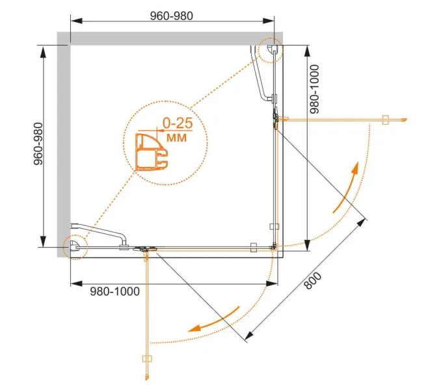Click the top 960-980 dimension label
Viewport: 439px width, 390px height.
click(x=171, y=16)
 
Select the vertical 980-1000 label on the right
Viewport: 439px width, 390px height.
click(x=315, y=89)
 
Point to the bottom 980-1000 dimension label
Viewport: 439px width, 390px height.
click(x=114, y=291)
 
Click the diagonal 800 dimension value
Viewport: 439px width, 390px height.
click(x=313, y=281)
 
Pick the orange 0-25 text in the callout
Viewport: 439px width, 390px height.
click(x=178, y=123)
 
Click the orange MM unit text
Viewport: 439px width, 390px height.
click(x=176, y=137)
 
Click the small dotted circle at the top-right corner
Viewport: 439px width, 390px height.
click(x=271, y=51)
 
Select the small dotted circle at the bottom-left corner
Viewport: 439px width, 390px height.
click(x=75, y=247)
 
